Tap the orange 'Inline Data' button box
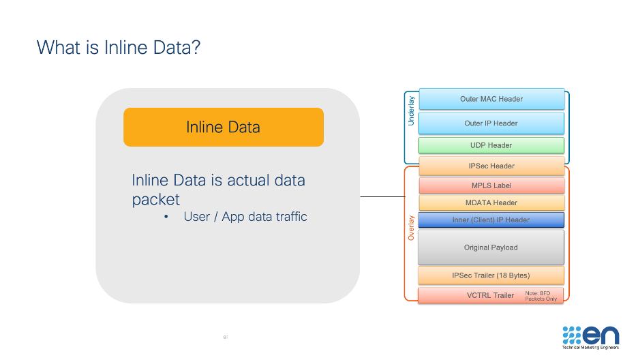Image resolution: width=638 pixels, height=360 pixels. point(223,127)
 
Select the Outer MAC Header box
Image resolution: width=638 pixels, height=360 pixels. point(491,99)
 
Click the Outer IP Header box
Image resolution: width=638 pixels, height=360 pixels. point(491,123)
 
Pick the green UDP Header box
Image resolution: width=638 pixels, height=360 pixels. point(491,145)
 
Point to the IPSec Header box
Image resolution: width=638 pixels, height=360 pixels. point(491,166)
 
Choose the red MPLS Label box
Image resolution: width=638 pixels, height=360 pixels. point(491,185)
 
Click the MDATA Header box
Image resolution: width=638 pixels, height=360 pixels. point(491,202)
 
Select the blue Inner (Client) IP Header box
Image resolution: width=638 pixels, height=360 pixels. point(491,220)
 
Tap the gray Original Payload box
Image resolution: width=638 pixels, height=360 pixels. point(491,247)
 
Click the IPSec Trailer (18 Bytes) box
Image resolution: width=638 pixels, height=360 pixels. point(491,275)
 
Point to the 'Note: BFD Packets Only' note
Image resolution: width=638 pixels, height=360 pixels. point(542,296)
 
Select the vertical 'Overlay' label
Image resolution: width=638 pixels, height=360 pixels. point(411,228)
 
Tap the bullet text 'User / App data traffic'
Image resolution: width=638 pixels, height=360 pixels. point(245,217)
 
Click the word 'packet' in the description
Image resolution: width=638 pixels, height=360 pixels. point(155,199)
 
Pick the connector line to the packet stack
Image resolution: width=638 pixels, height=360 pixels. point(382,197)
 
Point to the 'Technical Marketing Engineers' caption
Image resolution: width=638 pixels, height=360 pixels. point(590,348)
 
